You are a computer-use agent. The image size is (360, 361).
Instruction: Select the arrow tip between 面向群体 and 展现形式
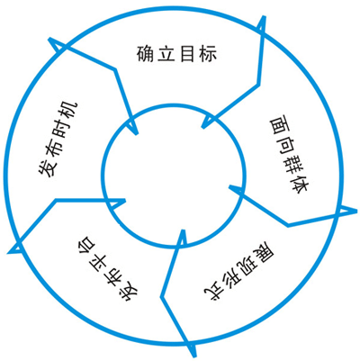click(231, 188)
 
